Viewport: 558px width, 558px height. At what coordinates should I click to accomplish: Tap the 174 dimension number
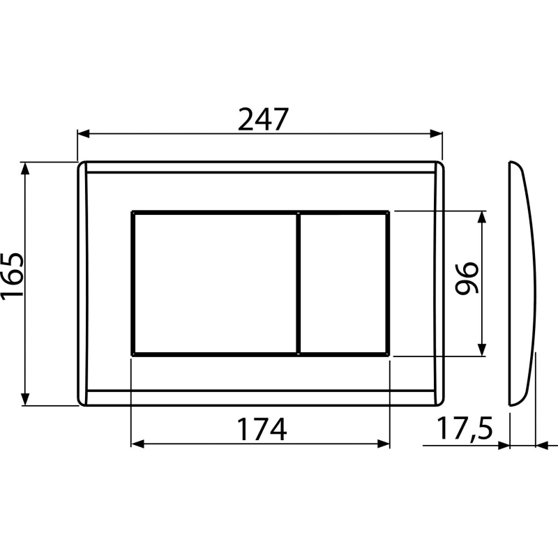tap(261, 430)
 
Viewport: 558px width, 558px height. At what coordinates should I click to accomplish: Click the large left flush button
tap(214, 282)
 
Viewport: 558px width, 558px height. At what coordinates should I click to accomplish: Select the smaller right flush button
tap(344, 282)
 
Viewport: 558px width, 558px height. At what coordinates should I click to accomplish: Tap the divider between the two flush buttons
tap(299, 282)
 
